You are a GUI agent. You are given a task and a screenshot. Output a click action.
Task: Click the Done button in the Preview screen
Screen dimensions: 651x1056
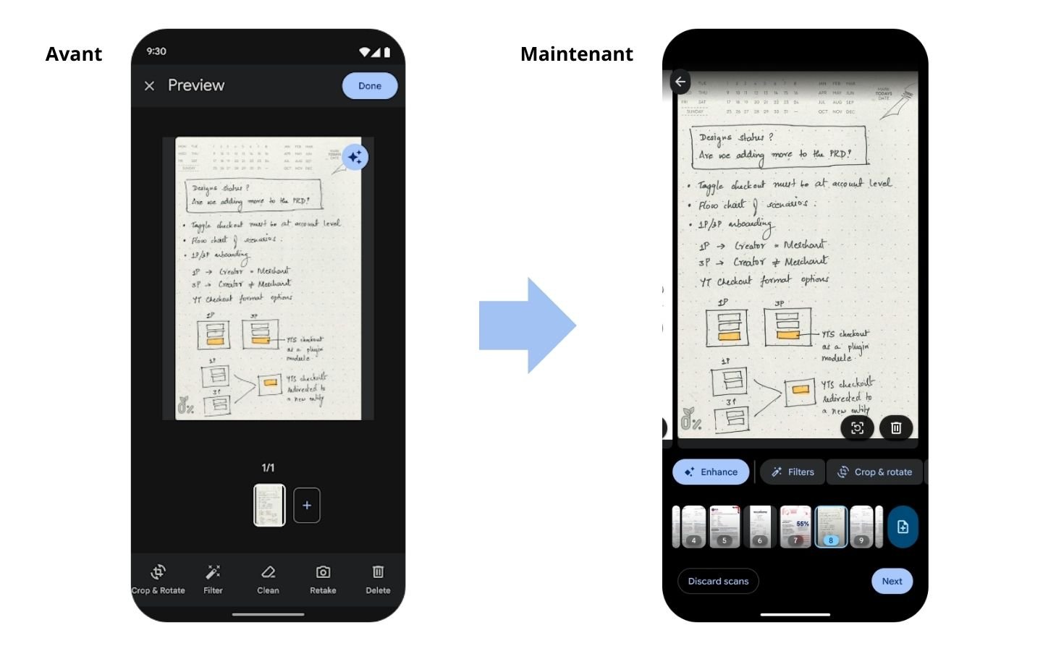click(x=369, y=86)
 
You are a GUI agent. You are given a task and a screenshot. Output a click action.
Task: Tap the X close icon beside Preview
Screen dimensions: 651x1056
click(x=150, y=86)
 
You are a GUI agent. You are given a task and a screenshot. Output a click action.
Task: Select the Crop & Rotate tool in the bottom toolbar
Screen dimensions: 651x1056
click(x=159, y=579)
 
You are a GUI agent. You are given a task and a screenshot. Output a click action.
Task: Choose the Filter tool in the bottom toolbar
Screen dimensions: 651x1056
click(x=213, y=579)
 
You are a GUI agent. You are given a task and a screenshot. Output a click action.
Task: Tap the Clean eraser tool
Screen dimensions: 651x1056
click(x=268, y=579)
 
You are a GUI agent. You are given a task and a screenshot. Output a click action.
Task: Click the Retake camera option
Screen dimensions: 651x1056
click(x=323, y=579)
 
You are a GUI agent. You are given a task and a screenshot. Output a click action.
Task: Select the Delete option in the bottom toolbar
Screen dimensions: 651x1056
click(x=378, y=579)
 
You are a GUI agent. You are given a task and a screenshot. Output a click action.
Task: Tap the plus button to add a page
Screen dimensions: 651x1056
click(x=307, y=505)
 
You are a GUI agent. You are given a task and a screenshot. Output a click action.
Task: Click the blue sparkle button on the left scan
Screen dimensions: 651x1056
click(x=355, y=157)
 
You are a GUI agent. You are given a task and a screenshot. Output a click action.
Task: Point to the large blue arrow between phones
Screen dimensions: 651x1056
click(x=528, y=325)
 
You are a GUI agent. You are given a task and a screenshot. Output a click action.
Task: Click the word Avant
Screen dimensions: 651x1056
click(x=74, y=54)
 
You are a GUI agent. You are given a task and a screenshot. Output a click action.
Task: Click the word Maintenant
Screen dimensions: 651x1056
click(x=576, y=54)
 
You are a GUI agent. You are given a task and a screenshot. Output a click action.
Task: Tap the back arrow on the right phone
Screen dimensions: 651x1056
click(x=680, y=82)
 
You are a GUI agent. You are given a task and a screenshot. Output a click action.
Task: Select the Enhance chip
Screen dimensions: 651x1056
click(x=711, y=472)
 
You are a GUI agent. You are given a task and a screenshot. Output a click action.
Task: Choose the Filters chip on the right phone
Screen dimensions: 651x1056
click(x=793, y=472)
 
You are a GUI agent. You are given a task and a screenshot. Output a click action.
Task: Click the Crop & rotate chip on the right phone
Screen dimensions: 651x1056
click(x=875, y=472)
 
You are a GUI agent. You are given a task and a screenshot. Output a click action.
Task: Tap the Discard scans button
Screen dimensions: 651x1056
click(x=718, y=581)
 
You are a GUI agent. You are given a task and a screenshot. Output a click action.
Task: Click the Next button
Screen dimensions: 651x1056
click(x=892, y=581)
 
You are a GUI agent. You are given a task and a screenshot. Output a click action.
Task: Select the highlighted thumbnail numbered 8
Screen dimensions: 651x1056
click(x=831, y=526)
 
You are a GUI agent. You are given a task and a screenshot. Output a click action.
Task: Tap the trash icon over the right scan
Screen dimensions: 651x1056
click(x=896, y=427)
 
